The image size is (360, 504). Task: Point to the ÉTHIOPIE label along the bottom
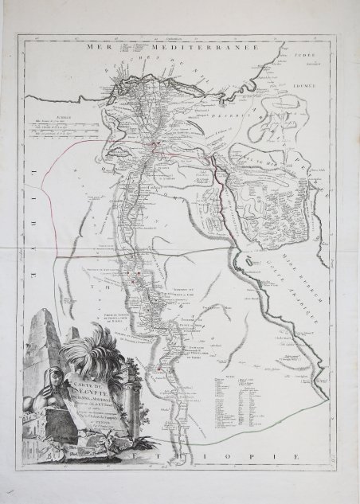239,454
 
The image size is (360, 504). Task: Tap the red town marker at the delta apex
157,145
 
